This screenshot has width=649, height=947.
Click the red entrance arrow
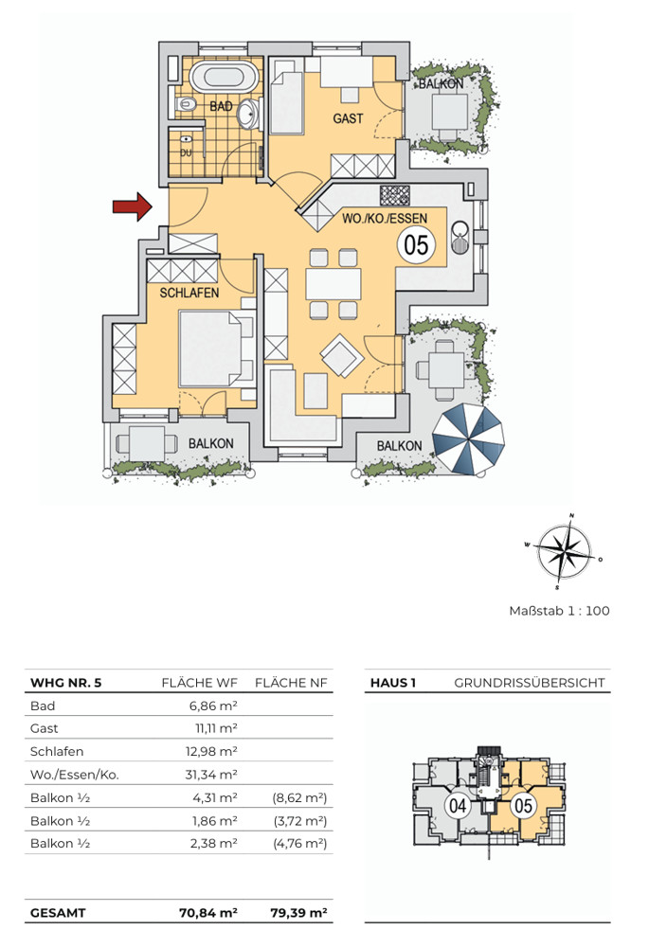tap(132, 206)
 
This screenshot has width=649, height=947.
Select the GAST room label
tap(348, 118)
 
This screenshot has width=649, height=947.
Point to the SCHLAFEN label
tap(189, 293)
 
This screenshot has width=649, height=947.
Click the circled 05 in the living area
tap(416, 245)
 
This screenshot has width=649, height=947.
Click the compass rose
tap(564, 551)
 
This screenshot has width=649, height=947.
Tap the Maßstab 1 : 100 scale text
tap(559, 611)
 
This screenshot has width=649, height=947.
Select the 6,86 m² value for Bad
tap(213, 706)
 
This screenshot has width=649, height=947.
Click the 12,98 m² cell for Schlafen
tap(211, 751)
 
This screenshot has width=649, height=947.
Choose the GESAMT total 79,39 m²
tap(298, 913)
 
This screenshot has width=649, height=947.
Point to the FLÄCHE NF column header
tap(291, 683)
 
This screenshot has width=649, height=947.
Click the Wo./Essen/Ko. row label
tap(74, 775)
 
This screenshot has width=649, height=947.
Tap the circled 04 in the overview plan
tap(458, 805)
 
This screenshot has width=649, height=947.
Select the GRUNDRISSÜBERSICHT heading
tap(530, 683)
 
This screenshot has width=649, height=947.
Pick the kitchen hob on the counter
tap(394, 195)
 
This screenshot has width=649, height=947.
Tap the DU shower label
tap(186, 152)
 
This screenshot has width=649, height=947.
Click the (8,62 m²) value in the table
tap(299, 797)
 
